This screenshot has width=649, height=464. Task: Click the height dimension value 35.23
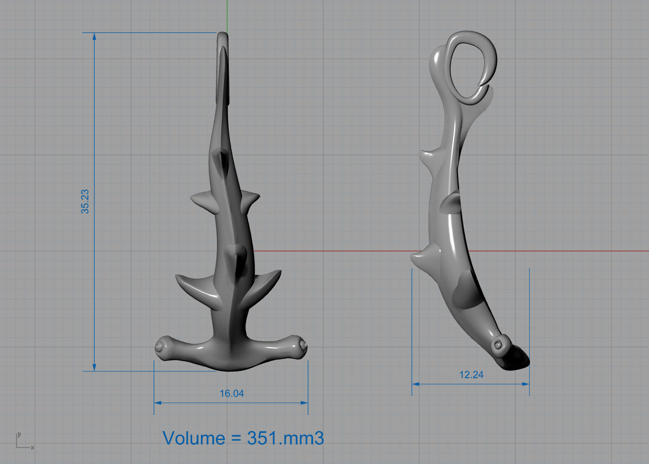point(85,202)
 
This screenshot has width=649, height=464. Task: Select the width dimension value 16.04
point(232,393)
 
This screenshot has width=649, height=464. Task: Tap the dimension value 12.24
point(471,375)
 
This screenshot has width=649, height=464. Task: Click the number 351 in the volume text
point(264,438)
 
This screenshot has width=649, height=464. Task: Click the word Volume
point(194,438)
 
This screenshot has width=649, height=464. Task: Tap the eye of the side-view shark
point(499,344)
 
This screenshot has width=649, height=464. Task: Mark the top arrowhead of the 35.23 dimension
point(94,36)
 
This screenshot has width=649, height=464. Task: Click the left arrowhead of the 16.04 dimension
point(157,403)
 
